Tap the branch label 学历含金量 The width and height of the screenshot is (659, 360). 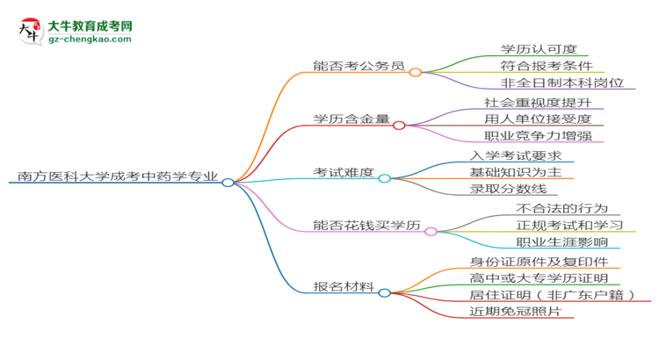pos(351,119)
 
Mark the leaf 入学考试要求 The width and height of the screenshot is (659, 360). pos(515,155)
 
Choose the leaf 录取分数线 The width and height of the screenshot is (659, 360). pos(508,189)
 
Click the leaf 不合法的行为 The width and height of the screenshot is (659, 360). pos(561,208)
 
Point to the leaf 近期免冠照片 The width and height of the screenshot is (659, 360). pos(515,312)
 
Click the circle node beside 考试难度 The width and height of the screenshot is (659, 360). pos(384,178)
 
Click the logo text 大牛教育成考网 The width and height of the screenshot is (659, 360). pos(89,27)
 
